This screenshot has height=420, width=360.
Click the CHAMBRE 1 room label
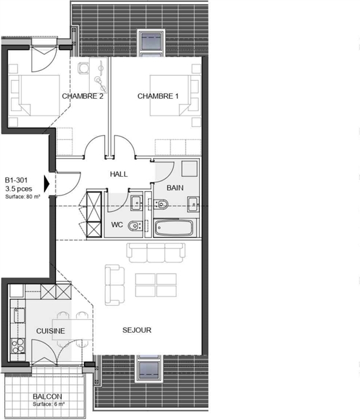pyautogui.click(x=158, y=96)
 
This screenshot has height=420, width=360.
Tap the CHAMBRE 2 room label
pyautogui.click(x=83, y=96)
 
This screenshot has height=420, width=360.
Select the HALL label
pyautogui.click(x=119, y=174)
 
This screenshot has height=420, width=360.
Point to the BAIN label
pyautogui.click(x=175, y=188)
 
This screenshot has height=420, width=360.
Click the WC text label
pyautogui.click(x=117, y=225)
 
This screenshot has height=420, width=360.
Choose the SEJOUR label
pyautogui.click(x=137, y=330)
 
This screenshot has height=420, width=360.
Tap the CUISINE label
pyautogui.click(x=50, y=331)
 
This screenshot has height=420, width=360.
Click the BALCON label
pyautogui.click(x=47, y=396)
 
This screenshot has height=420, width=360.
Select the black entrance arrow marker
pyautogui.click(x=47, y=184)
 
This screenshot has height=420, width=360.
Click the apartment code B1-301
pyautogui.click(x=16, y=180)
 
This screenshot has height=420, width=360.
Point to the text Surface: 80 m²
pyautogui.click(x=23, y=197)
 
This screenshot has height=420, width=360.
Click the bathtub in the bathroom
pyautogui.click(x=174, y=228)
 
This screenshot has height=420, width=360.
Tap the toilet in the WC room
pyautogui.click(x=135, y=226)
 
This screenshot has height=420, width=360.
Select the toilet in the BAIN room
pyautogui.click(x=161, y=205)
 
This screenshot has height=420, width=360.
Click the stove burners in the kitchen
pyautogui.click(x=17, y=346)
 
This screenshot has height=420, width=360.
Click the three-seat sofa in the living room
pyautogui.click(x=156, y=253)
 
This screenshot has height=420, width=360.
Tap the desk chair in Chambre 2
pyautogui.click(x=84, y=68)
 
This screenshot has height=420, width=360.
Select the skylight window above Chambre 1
pyautogui.click(x=150, y=43)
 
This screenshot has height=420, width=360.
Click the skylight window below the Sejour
pyautogui.click(x=149, y=368)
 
